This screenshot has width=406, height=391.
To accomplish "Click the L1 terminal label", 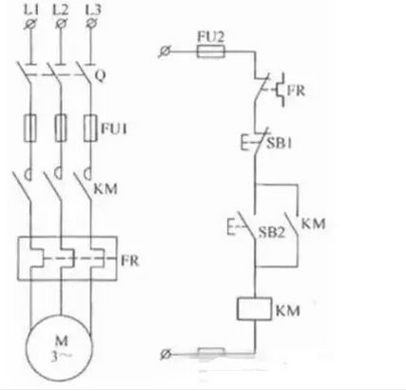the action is [31, 10].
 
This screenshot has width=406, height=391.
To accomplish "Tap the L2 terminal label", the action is [60, 10].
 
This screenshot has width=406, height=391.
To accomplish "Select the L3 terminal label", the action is [92, 10].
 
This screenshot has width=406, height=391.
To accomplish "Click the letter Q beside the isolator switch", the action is [100, 75].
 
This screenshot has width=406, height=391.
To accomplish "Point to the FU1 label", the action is [114, 128].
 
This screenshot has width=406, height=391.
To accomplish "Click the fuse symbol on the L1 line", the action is [30, 127].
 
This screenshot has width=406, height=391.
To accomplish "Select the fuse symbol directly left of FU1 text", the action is [90, 127].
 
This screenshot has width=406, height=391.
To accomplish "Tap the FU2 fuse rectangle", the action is [211, 50].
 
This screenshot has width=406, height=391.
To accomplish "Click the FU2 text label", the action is [211, 36].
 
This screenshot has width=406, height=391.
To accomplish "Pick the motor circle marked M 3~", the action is [60, 347].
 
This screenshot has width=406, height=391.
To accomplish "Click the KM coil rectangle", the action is [254, 308].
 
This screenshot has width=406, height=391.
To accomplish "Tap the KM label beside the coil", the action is [288, 310].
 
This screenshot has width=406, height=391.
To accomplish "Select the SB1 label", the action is [279, 144].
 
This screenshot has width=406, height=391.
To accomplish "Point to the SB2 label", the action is [272, 232].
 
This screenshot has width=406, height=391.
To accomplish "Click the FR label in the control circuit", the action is [297, 90].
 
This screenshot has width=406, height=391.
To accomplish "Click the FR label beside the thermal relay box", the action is [130, 261].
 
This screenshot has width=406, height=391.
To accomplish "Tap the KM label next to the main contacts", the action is [106, 189].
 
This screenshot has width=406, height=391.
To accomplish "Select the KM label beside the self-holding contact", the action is [313, 224].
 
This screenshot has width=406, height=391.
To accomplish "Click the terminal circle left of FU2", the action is [164, 51].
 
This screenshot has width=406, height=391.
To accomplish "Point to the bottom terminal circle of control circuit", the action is [165, 354].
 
